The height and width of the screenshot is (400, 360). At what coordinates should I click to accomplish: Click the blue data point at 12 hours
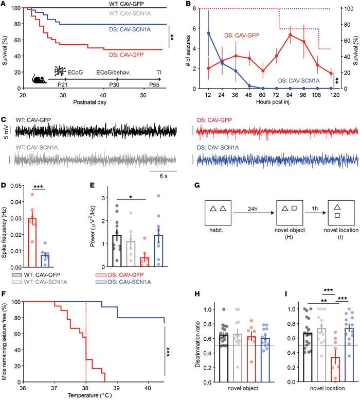tap(208, 33)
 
